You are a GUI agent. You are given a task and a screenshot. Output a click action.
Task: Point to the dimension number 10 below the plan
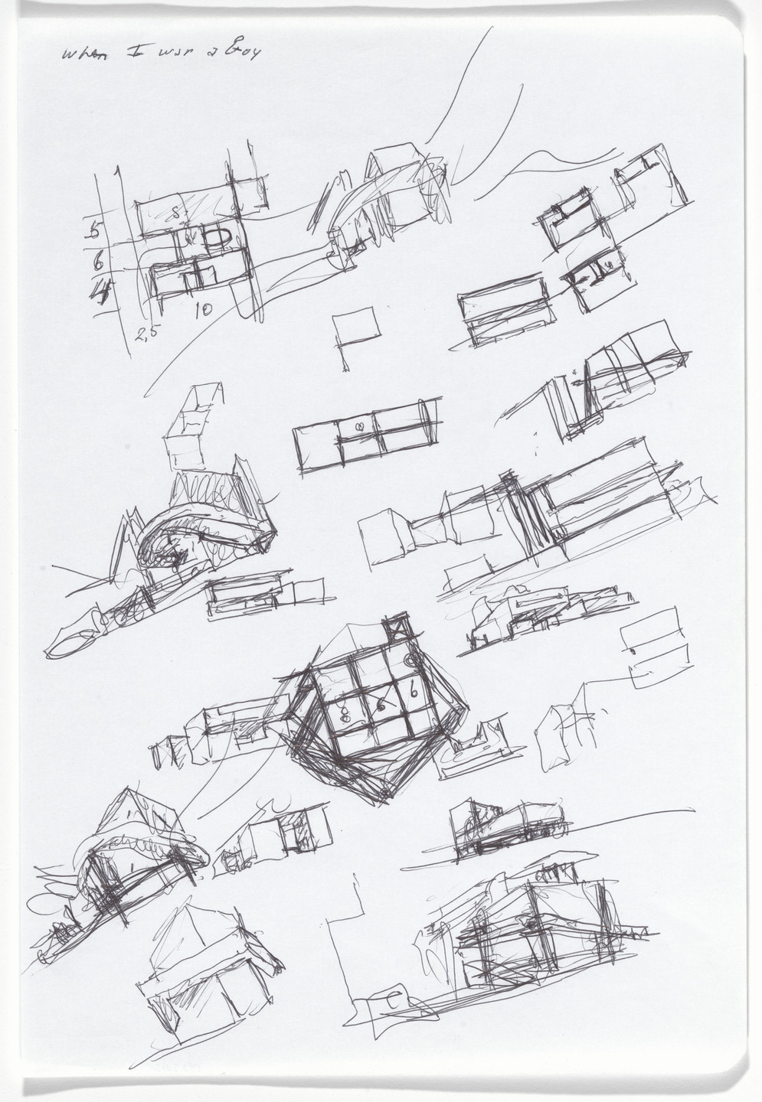203,310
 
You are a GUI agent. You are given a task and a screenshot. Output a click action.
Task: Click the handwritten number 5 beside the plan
96,229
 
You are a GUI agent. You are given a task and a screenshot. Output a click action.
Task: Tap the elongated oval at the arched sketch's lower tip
73,643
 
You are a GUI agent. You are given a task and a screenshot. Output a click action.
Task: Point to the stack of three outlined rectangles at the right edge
655,648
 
